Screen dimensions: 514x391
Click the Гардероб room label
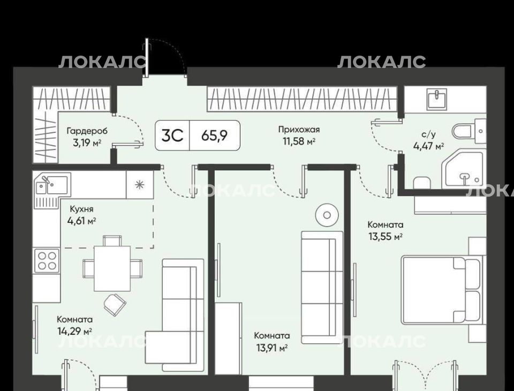click(87, 131)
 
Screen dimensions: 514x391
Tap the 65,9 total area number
click(214, 135)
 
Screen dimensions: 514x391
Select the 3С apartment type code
click(172, 136)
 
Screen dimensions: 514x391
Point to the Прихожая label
click(299, 130)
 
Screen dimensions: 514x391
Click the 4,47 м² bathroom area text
click(429, 146)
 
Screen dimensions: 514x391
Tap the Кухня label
click(81, 209)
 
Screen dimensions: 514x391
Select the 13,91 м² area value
click(272, 348)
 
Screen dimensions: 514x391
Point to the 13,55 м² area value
click(385, 237)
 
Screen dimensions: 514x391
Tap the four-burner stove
click(47, 261)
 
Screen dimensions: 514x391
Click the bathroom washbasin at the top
click(437, 100)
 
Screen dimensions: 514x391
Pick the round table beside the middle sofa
click(327, 215)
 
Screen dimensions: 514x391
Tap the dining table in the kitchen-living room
click(112, 268)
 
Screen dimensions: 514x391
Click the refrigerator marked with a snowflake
click(140, 185)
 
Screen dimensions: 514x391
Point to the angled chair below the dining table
click(115, 305)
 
